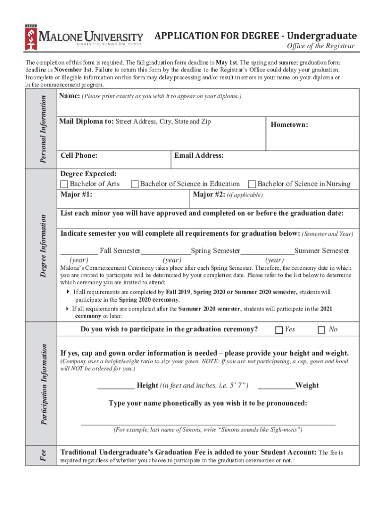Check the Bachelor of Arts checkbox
(64, 184)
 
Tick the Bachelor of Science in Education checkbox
(134, 184)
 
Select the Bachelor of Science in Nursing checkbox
(252, 184)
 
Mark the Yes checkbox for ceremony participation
(279, 330)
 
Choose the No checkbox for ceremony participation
(321, 330)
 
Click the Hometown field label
(289, 125)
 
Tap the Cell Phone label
(78, 156)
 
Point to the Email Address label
(199, 156)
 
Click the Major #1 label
(76, 194)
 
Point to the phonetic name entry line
(208, 423)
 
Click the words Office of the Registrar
(321, 46)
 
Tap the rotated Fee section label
(43, 455)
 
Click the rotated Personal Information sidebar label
(43, 128)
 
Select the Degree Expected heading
(88, 174)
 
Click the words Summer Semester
(321, 251)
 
